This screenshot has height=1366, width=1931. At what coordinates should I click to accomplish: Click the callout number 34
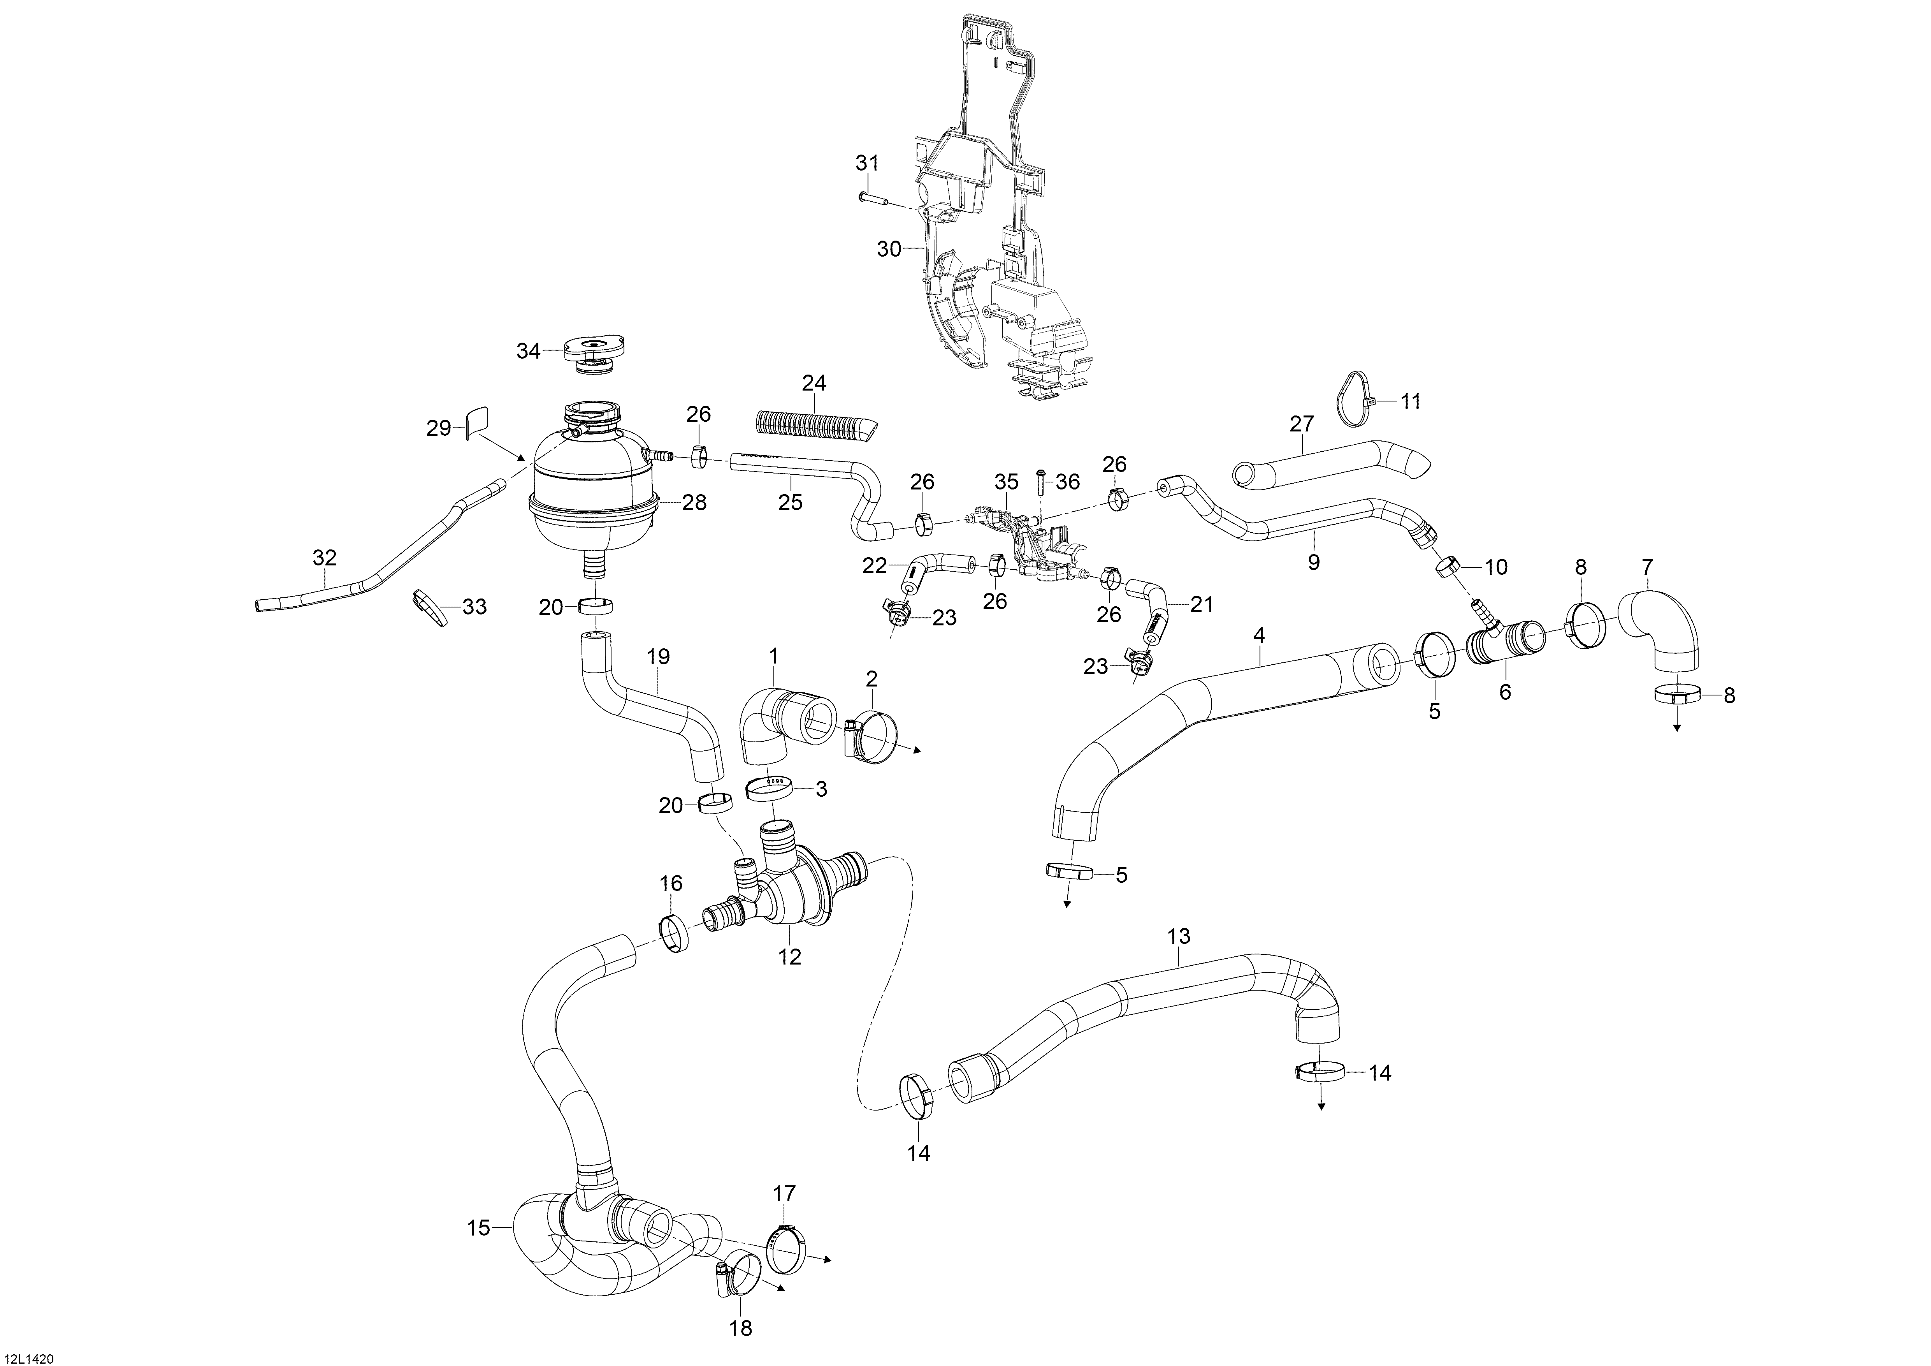[x=528, y=351]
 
